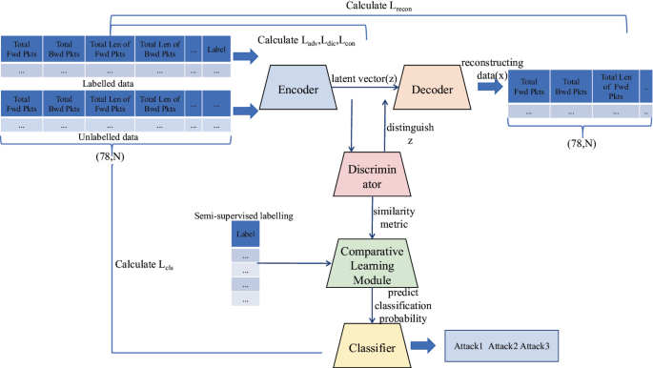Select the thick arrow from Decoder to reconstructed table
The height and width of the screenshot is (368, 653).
click(x=490, y=87)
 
